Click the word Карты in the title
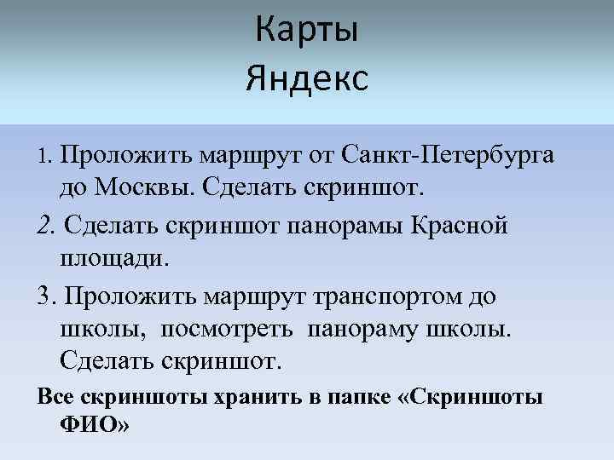(307, 32)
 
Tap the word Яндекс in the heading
(307, 79)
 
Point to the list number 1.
(46, 157)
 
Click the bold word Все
(54, 397)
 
